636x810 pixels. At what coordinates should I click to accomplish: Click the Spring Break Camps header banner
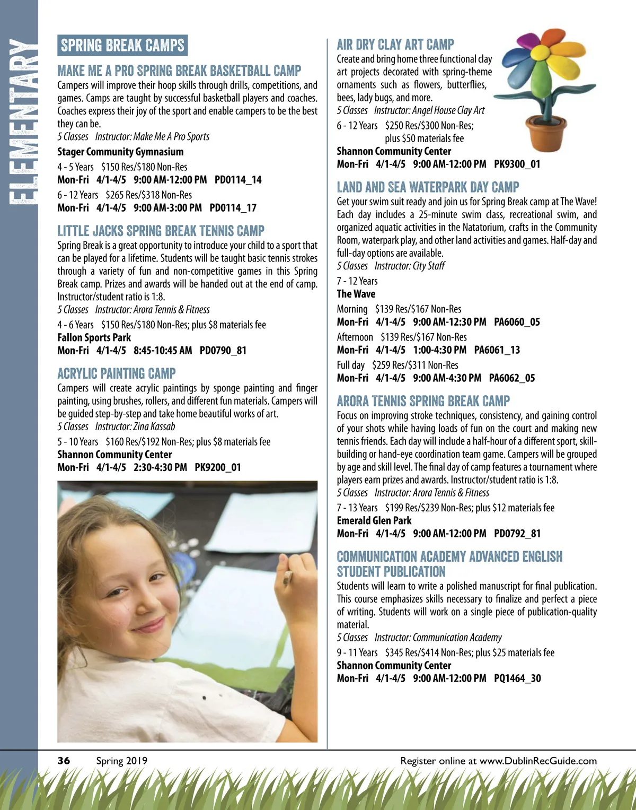click(x=122, y=46)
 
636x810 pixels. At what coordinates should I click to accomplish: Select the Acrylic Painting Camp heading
click(x=117, y=373)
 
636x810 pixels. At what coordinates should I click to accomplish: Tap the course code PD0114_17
click(x=233, y=208)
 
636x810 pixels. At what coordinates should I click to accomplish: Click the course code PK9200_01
click(x=218, y=467)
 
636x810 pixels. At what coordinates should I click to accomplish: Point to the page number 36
click(x=64, y=761)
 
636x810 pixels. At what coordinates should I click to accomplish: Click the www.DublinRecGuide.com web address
click(x=538, y=761)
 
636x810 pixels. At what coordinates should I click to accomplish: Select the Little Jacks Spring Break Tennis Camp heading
click(x=161, y=231)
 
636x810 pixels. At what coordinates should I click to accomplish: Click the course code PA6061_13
click(x=497, y=350)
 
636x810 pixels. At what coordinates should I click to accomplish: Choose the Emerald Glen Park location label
click(x=374, y=521)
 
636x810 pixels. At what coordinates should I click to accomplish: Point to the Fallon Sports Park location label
click(x=94, y=337)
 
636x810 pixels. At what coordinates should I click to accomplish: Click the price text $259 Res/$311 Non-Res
click(x=414, y=365)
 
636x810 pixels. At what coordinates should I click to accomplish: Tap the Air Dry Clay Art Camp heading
click(x=395, y=45)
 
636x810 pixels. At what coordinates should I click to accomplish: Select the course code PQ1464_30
click(x=517, y=678)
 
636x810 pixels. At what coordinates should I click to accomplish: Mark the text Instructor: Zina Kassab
click(x=135, y=426)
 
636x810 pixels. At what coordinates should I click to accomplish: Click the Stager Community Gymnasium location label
click(x=120, y=152)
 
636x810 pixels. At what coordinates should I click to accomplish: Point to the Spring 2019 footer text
click(x=121, y=761)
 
